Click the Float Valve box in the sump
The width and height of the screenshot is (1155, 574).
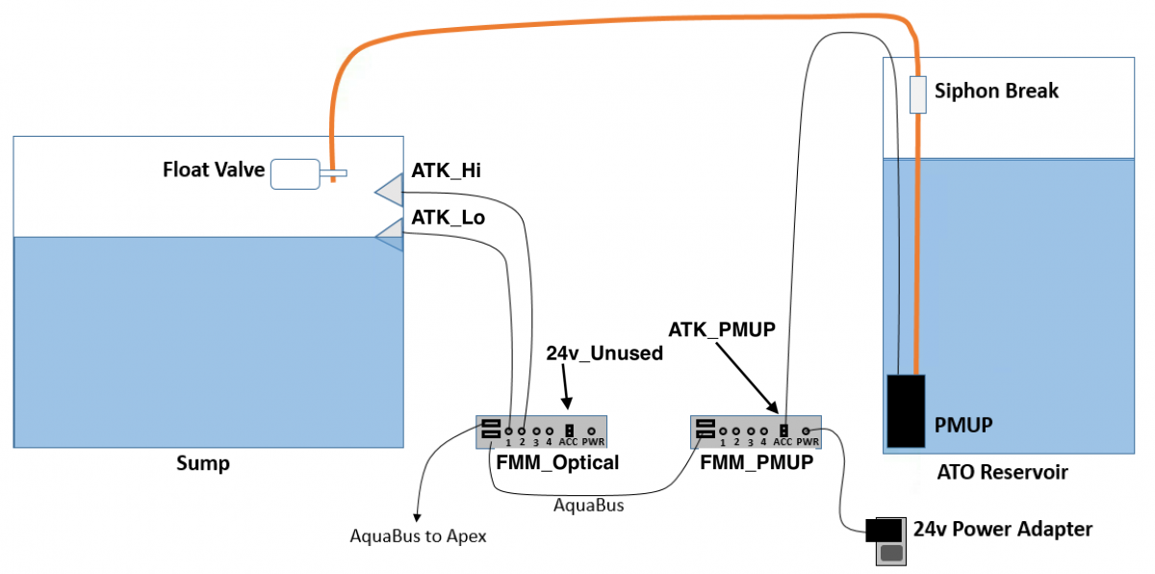(x=295, y=174)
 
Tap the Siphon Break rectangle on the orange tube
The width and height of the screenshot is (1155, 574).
(x=918, y=94)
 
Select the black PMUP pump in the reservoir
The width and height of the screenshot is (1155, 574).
(x=906, y=410)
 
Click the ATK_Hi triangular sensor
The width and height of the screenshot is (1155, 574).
(x=391, y=191)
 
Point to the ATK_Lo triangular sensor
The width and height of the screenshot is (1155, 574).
(x=391, y=235)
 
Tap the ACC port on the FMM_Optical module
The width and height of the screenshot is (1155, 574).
(x=569, y=430)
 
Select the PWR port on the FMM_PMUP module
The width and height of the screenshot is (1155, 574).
(x=806, y=431)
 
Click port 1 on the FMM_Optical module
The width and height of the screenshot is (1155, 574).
(x=509, y=431)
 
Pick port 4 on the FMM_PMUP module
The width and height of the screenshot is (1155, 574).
(x=763, y=431)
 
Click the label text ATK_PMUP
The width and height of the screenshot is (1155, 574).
(x=722, y=329)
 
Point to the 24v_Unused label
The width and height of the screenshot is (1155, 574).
(x=604, y=353)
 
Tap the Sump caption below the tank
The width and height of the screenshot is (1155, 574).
(x=203, y=463)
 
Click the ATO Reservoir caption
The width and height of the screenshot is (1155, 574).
(x=1002, y=472)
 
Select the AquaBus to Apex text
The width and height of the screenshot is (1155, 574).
(x=418, y=536)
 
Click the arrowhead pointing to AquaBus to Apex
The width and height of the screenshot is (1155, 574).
(x=417, y=518)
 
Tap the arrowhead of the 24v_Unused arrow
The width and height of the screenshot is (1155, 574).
(x=567, y=404)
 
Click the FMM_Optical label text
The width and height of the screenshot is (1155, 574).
(x=557, y=462)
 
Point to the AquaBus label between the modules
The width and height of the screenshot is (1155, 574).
(x=588, y=506)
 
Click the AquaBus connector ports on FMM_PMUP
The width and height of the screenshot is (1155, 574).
(x=706, y=430)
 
